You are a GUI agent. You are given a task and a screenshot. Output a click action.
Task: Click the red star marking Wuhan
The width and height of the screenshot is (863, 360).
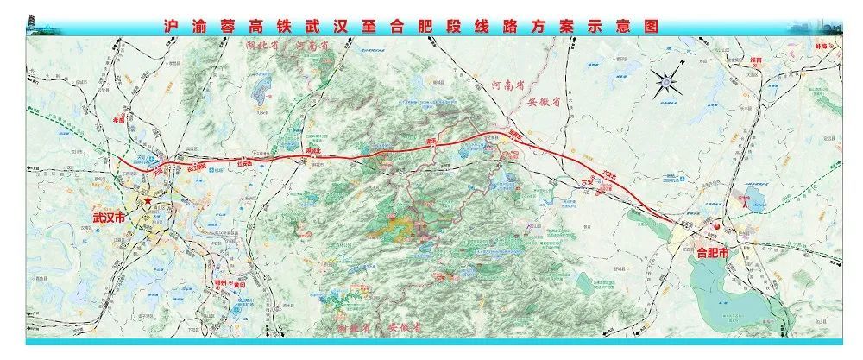click(x=148, y=200)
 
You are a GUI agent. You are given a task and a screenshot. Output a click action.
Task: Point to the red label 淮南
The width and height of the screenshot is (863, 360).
click(x=759, y=59)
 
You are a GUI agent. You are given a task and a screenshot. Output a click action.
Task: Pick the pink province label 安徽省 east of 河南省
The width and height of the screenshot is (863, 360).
click(x=545, y=102)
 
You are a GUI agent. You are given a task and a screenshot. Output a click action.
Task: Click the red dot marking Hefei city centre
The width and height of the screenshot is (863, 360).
click(x=715, y=226)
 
